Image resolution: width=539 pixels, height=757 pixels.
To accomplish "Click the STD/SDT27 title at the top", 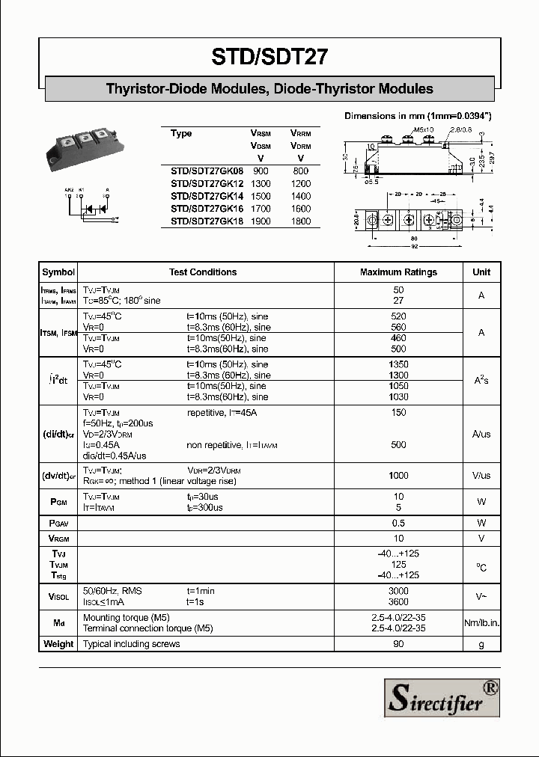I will pyautogui.click(x=269, y=57).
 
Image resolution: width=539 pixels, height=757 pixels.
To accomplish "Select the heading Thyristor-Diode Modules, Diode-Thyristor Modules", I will pyautogui.click(x=269, y=89).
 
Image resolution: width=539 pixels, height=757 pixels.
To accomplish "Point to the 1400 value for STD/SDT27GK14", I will pyautogui.click(x=300, y=196).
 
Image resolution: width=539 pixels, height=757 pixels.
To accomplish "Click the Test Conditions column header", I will pyautogui.click(x=203, y=272).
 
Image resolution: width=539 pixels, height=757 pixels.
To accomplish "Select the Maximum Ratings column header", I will pyautogui.click(x=398, y=272).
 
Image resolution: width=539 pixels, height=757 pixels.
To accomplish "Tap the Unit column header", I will pyautogui.click(x=481, y=272).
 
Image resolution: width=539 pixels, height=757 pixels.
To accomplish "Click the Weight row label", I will pyautogui.click(x=58, y=644).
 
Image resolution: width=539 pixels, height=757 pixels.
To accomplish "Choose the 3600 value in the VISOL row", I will pyautogui.click(x=398, y=602).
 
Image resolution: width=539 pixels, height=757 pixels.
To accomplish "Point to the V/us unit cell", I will pyautogui.click(x=481, y=476).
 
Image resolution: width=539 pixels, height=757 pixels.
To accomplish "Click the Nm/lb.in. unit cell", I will pyautogui.click(x=481, y=623).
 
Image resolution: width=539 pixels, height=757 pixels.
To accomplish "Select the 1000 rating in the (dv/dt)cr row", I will pyautogui.click(x=398, y=476).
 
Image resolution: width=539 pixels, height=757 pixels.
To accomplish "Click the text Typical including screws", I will pyautogui.click(x=127, y=644).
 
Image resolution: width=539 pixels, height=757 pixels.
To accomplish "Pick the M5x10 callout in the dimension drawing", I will pyautogui.click(x=423, y=130).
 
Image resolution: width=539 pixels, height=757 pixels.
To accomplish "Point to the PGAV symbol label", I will pyautogui.click(x=58, y=523).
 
